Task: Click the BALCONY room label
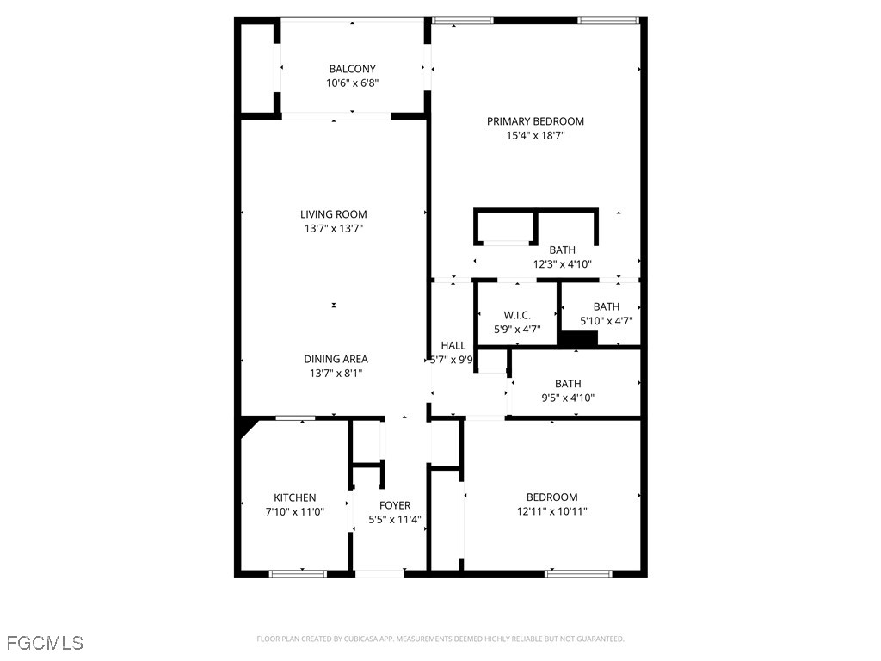(x=352, y=69)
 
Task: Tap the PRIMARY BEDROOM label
(x=535, y=121)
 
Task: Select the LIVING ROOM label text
(x=333, y=214)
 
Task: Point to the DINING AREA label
(x=336, y=359)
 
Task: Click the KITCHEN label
(x=294, y=497)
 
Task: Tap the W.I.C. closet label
(x=517, y=316)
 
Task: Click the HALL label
(x=453, y=345)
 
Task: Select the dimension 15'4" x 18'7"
(x=535, y=135)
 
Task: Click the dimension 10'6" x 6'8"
(x=352, y=83)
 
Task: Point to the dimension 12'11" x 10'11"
(x=551, y=511)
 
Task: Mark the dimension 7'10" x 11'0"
(x=294, y=512)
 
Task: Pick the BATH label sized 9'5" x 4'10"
(x=567, y=384)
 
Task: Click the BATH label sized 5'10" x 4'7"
(x=606, y=306)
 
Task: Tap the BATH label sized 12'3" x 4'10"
(x=562, y=250)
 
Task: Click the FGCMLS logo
(x=45, y=643)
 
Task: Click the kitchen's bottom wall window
(x=299, y=573)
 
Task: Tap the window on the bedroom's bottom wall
(x=578, y=573)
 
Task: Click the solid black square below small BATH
(x=577, y=339)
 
